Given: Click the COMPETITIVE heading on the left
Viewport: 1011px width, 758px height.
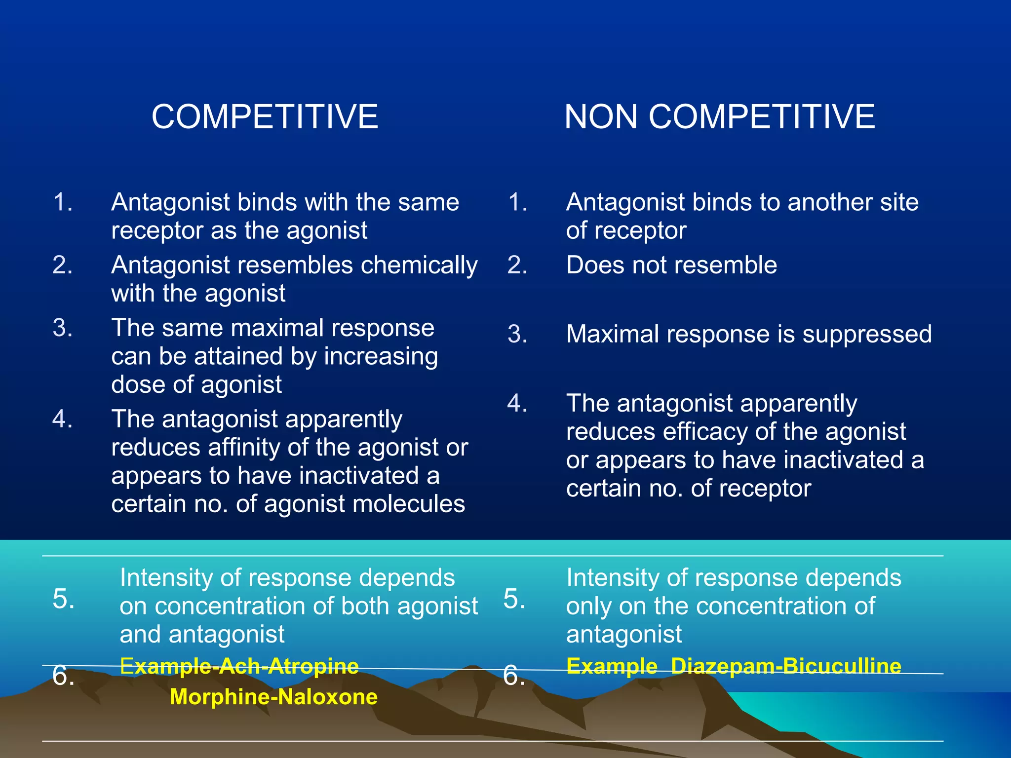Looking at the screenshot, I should [265, 117].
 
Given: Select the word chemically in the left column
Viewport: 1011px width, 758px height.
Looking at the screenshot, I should [419, 265].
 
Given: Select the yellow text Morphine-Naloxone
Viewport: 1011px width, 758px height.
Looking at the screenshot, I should [273, 697].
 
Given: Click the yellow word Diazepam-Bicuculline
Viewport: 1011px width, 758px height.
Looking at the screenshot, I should [786, 666].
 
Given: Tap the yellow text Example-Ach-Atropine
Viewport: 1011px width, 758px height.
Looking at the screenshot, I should [239, 666].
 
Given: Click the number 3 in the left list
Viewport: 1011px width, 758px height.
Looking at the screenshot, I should [62, 328].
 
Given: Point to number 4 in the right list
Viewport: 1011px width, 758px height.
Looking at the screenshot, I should [517, 403].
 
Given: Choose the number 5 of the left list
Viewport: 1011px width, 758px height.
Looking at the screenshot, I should [63, 599].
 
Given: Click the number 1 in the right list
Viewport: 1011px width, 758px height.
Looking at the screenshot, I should [517, 202].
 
